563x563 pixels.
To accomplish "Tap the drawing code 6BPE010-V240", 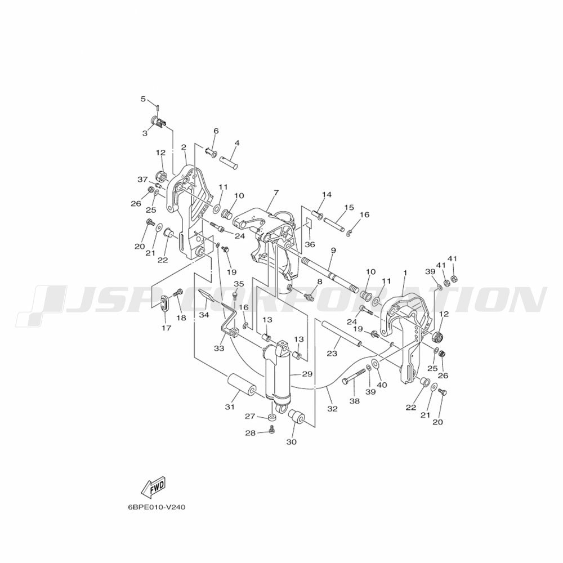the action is (157, 508).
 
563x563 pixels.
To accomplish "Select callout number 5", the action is (143, 99).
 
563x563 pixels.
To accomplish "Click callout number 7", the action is (275, 193).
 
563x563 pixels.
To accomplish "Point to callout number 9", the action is (333, 251).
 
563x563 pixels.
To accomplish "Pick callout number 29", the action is (307, 374).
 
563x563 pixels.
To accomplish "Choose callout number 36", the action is (310, 244).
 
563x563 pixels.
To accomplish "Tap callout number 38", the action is (354, 401).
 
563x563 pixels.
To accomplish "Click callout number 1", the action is (405, 273).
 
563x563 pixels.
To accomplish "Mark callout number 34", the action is (204, 315).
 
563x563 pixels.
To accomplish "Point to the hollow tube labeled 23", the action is (342, 334).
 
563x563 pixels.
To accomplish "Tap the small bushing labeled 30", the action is (297, 418).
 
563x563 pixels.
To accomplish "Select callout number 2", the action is (184, 147).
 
